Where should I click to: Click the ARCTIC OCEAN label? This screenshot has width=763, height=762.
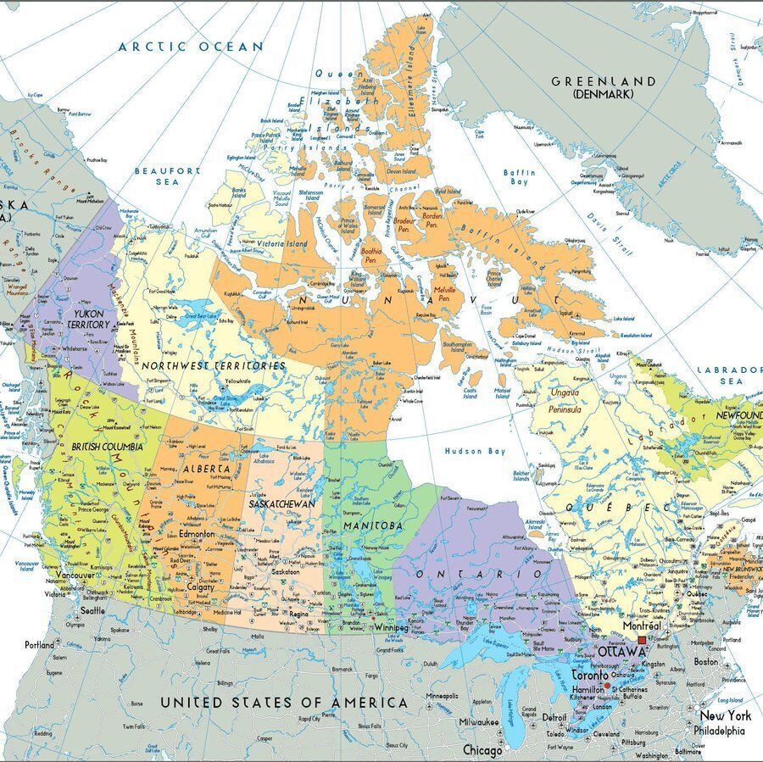click(191, 47)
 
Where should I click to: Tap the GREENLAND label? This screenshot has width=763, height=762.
click(604, 81)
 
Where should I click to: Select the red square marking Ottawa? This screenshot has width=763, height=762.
click(642, 642)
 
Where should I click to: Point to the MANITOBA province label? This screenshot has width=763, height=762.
click(373, 526)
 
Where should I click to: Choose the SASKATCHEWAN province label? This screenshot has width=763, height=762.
click(282, 503)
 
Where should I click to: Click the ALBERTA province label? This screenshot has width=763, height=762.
click(206, 468)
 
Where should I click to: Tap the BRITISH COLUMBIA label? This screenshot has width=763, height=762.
click(107, 446)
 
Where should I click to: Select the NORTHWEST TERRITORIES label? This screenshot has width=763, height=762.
click(214, 365)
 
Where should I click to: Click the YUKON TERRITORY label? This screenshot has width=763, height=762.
click(88, 319)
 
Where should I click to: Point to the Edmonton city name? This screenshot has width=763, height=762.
click(197, 536)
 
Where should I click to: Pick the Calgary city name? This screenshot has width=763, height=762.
click(201, 587)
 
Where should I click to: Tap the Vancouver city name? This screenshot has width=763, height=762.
click(75, 576)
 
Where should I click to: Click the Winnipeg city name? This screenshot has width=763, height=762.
click(391, 628)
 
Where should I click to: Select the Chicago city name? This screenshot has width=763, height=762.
click(482, 750)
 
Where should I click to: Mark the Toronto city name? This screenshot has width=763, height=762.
click(588, 677)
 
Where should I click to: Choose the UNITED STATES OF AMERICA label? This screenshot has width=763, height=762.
click(284, 703)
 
